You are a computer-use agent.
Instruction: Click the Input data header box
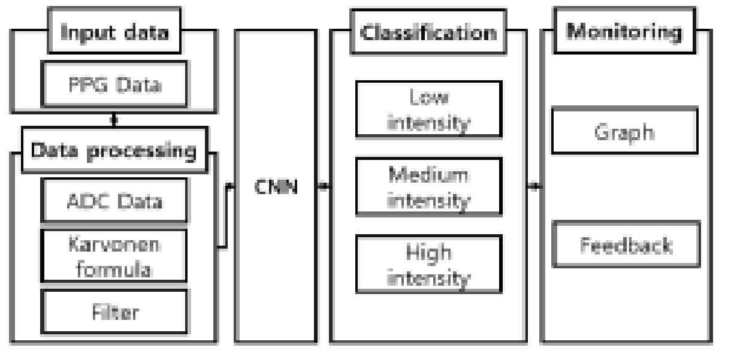pyautogui.click(x=113, y=32)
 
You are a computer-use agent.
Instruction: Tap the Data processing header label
pyautogui.click(x=114, y=150)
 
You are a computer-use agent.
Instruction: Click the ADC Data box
pyautogui.click(x=114, y=201)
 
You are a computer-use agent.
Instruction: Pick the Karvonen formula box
pyautogui.click(x=114, y=255)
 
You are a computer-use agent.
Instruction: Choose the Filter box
pyautogui.click(x=114, y=311)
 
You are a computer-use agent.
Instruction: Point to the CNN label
pyautogui.click(x=275, y=187)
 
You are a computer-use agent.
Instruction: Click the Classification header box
pyautogui.click(x=428, y=32)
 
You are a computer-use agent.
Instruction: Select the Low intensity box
pyautogui.click(x=428, y=109)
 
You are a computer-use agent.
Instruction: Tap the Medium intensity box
pyautogui.click(x=428, y=186)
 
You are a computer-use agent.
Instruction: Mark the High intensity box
pyautogui.click(x=428, y=264)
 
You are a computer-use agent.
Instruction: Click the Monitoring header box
pyautogui.click(x=624, y=32)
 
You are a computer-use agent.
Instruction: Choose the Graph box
pyautogui.click(x=624, y=131)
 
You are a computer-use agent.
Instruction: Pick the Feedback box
pyautogui.click(x=624, y=244)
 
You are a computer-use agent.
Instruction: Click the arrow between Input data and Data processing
pyautogui.click(x=114, y=120)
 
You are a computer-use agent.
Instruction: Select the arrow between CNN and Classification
pyautogui.click(x=324, y=187)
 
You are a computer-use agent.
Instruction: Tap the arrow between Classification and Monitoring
pyautogui.click(x=535, y=187)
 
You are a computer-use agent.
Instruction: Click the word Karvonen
pyautogui.click(x=114, y=245)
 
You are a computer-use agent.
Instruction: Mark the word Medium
pyautogui.click(x=428, y=175)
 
